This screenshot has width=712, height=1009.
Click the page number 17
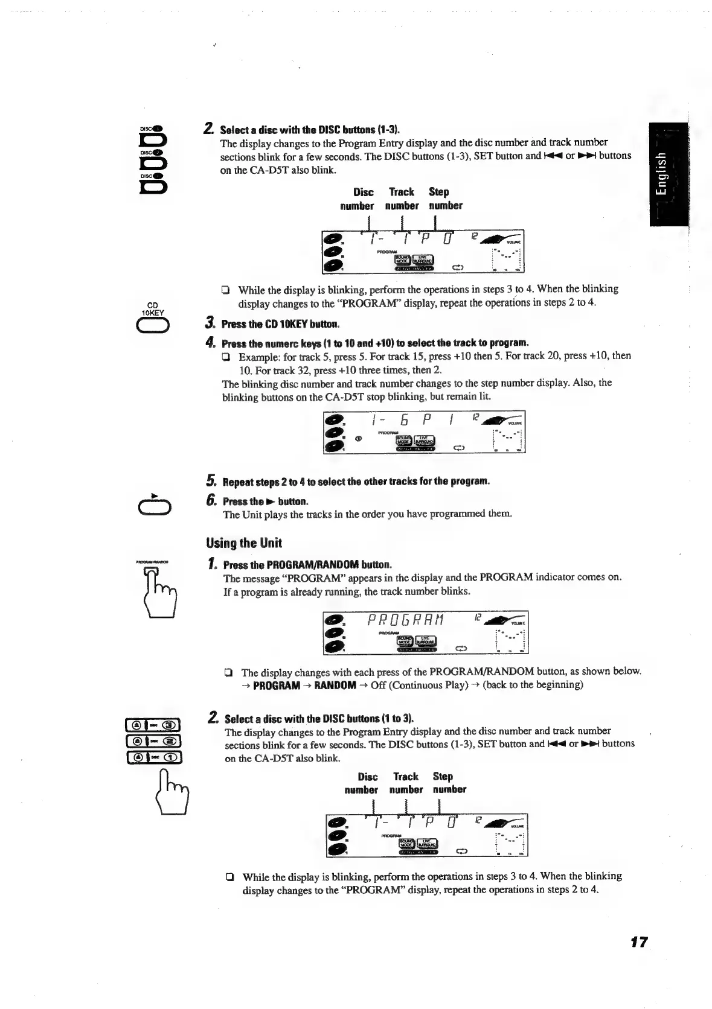[x=637, y=941]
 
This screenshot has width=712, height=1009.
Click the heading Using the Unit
[x=243, y=543]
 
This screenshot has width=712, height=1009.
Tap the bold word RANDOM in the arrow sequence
[x=335, y=685]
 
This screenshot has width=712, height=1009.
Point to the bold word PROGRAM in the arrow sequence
[x=276, y=685]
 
